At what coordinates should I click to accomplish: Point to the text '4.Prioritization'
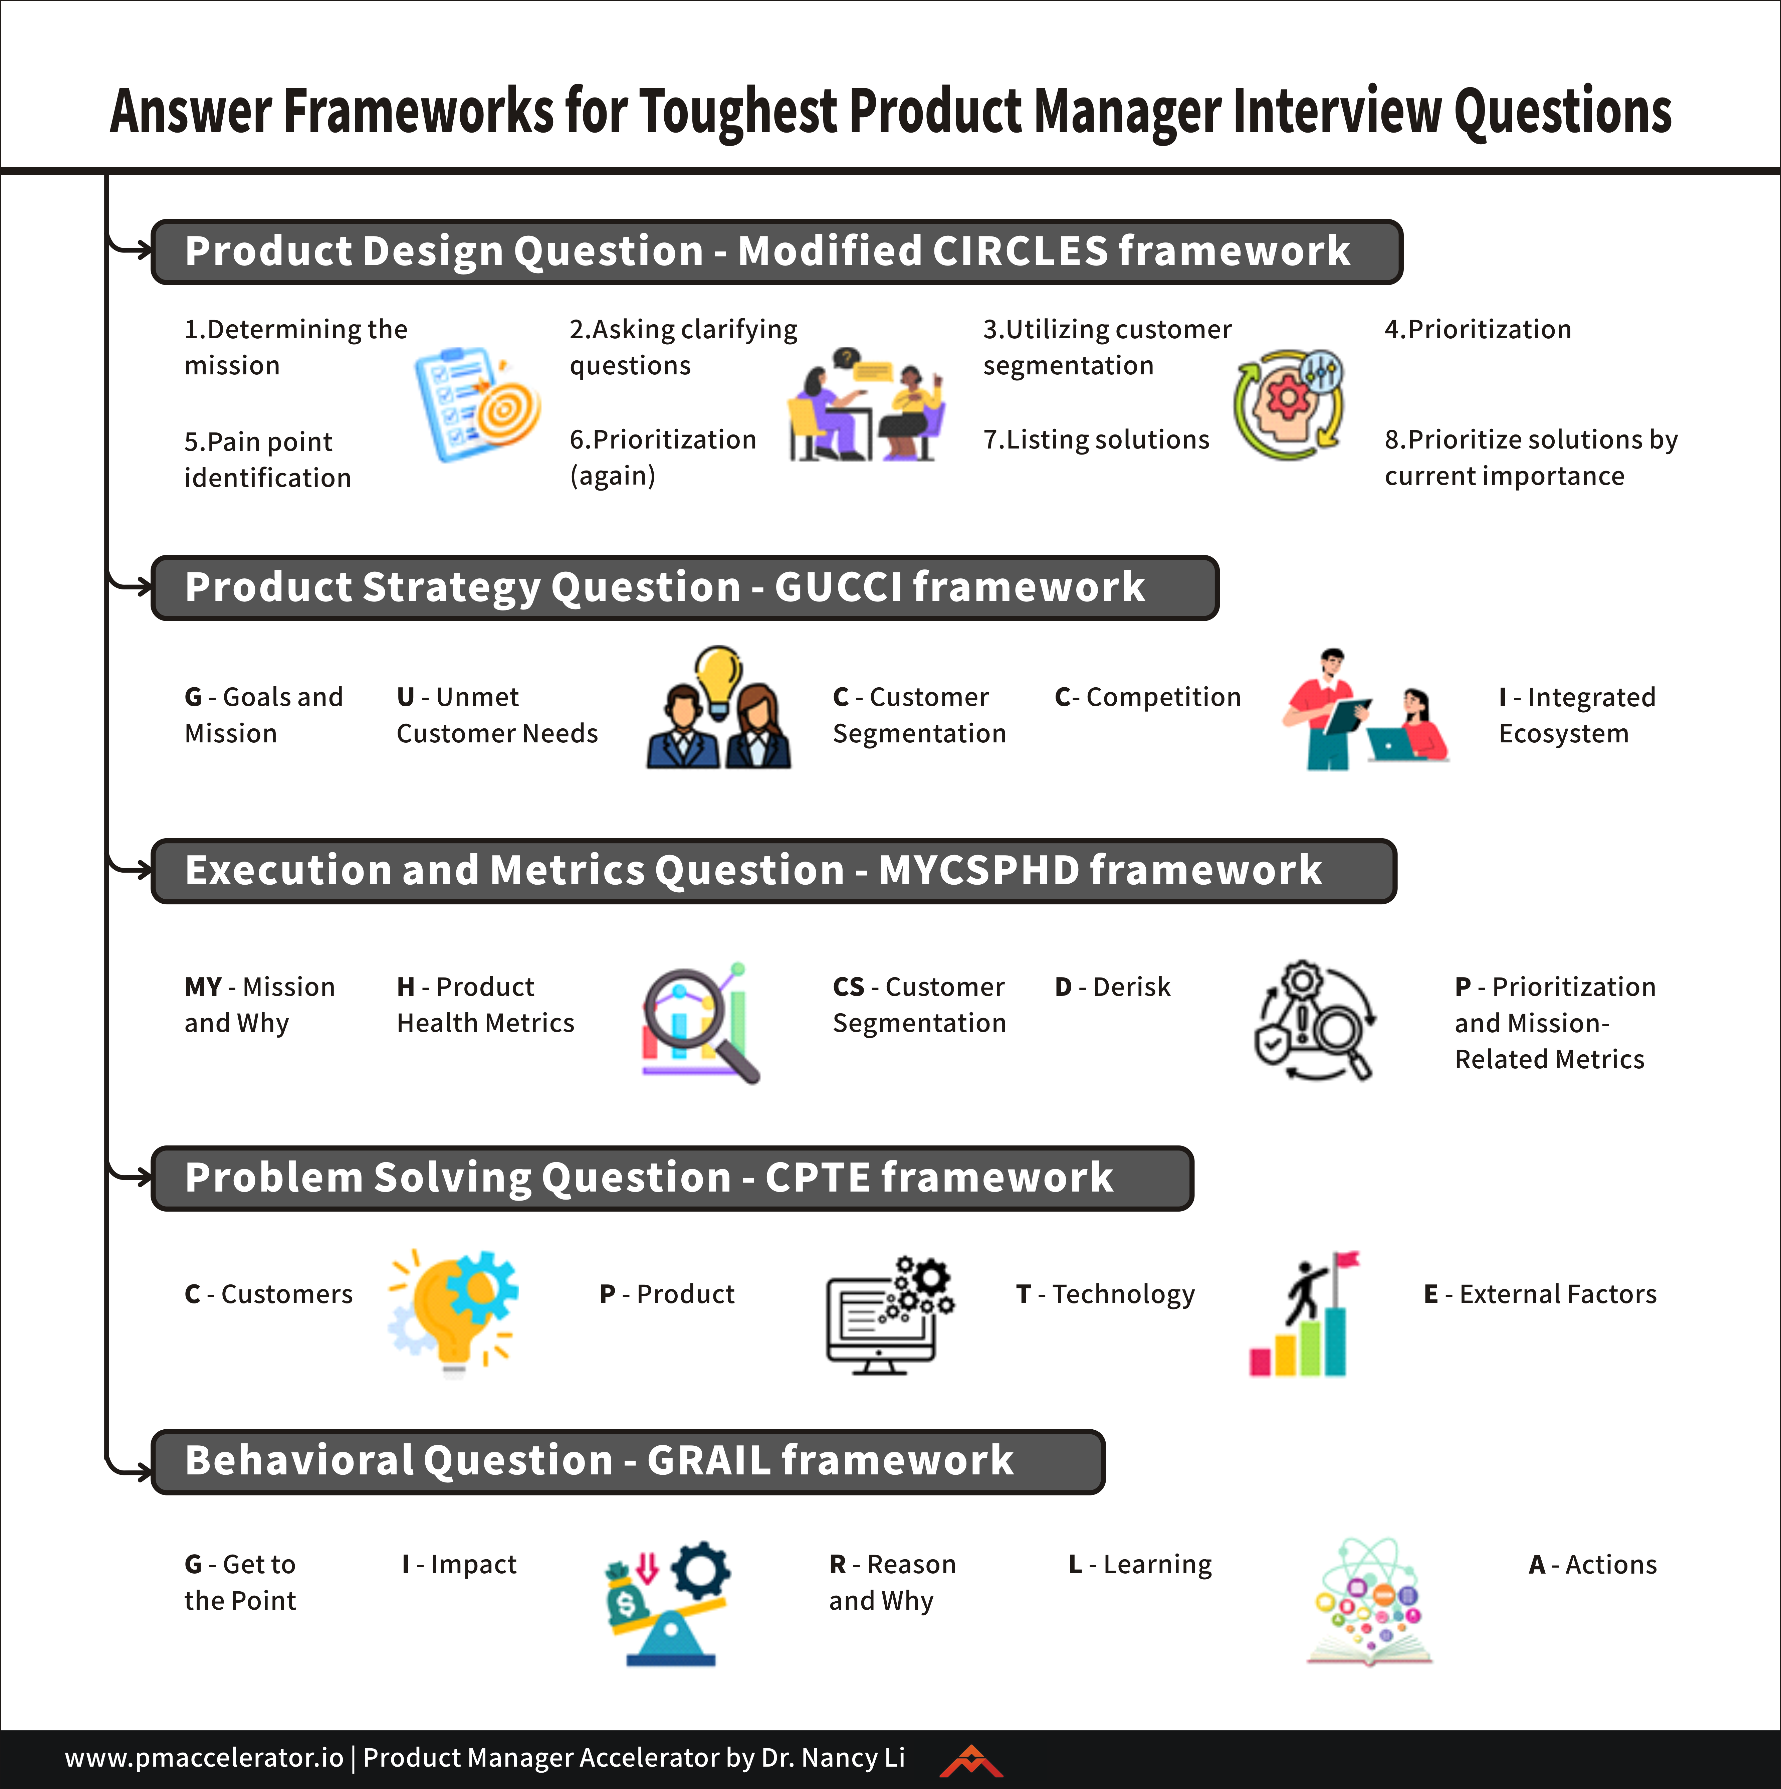pos(1477,330)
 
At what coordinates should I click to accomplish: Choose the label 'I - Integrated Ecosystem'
pos(1576,715)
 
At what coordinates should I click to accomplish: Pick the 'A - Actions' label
pos(1592,1565)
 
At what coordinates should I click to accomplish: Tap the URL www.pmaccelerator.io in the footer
pos(204,1758)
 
